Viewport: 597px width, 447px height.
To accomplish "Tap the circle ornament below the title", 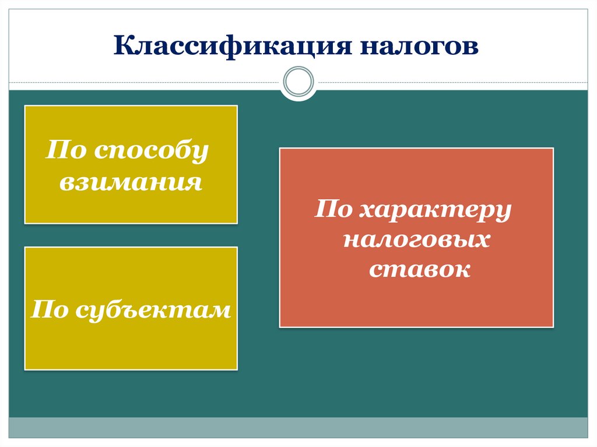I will [298, 82].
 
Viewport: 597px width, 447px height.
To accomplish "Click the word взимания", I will [131, 182].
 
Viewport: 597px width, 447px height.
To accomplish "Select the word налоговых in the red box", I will [416, 240].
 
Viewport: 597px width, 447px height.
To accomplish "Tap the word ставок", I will [419, 269].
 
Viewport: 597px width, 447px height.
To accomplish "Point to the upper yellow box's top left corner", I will [26, 107].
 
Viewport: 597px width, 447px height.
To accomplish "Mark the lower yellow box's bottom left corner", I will [26, 368].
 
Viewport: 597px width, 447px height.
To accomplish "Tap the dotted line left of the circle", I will [146, 82].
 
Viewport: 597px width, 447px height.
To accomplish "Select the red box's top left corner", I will [281, 149].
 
